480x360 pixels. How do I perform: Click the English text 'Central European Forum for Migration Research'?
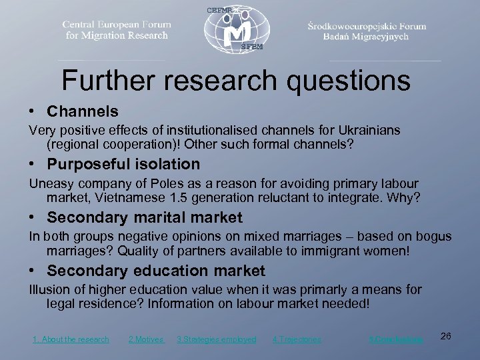click(117, 30)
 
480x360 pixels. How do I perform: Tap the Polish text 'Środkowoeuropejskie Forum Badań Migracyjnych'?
click(367, 31)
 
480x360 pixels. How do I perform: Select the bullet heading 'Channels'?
click(83, 111)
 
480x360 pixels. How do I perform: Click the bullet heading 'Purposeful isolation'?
click(123, 164)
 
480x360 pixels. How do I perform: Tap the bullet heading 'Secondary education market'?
click(156, 271)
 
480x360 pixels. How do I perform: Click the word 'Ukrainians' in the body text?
click(369, 131)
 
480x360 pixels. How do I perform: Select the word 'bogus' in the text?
click(434, 237)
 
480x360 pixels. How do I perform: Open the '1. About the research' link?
click(71, 339)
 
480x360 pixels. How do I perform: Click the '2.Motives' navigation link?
click(146, 339)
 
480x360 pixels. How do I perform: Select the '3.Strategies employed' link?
click(216, 339)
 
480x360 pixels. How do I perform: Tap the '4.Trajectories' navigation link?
click(297, 339)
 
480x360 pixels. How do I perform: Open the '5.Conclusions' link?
click(396, 339)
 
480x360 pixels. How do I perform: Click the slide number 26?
click(446, 336)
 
